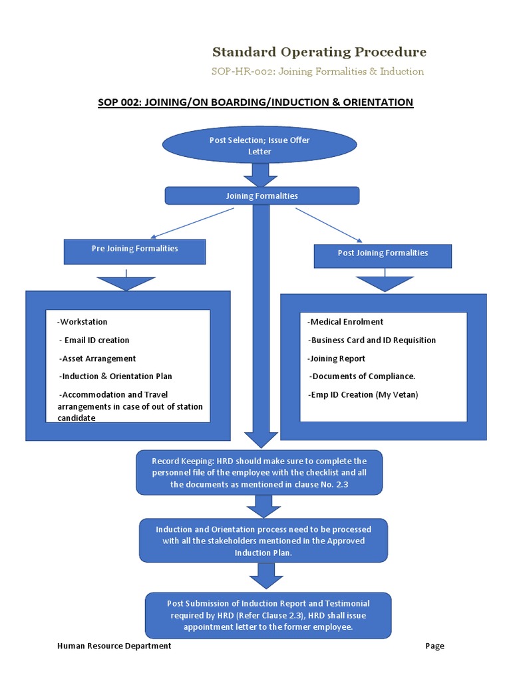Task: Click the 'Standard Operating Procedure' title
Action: (x=319, y=52)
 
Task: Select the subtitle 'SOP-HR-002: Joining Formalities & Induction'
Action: (x=317, y=71)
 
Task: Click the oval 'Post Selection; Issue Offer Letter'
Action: (x=259, y=146)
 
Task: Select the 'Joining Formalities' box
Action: (x=261, y=196)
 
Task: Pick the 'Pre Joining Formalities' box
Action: (x=134, y=249)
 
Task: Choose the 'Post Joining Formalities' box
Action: (x=383, y=253)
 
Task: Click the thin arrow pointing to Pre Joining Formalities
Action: (x=192, y=223)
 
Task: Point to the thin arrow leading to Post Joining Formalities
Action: (x=329, y=224)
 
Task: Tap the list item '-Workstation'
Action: (x=83, y=322)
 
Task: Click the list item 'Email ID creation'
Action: (x=96, y=340)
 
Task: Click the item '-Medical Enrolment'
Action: (x=345, y=322)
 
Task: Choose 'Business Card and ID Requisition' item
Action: (x=372, y=340)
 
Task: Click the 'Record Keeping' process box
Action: (x=259, y=472)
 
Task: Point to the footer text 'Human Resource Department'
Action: (x=114, y=646)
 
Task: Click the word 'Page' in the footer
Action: (x=435, y=646)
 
